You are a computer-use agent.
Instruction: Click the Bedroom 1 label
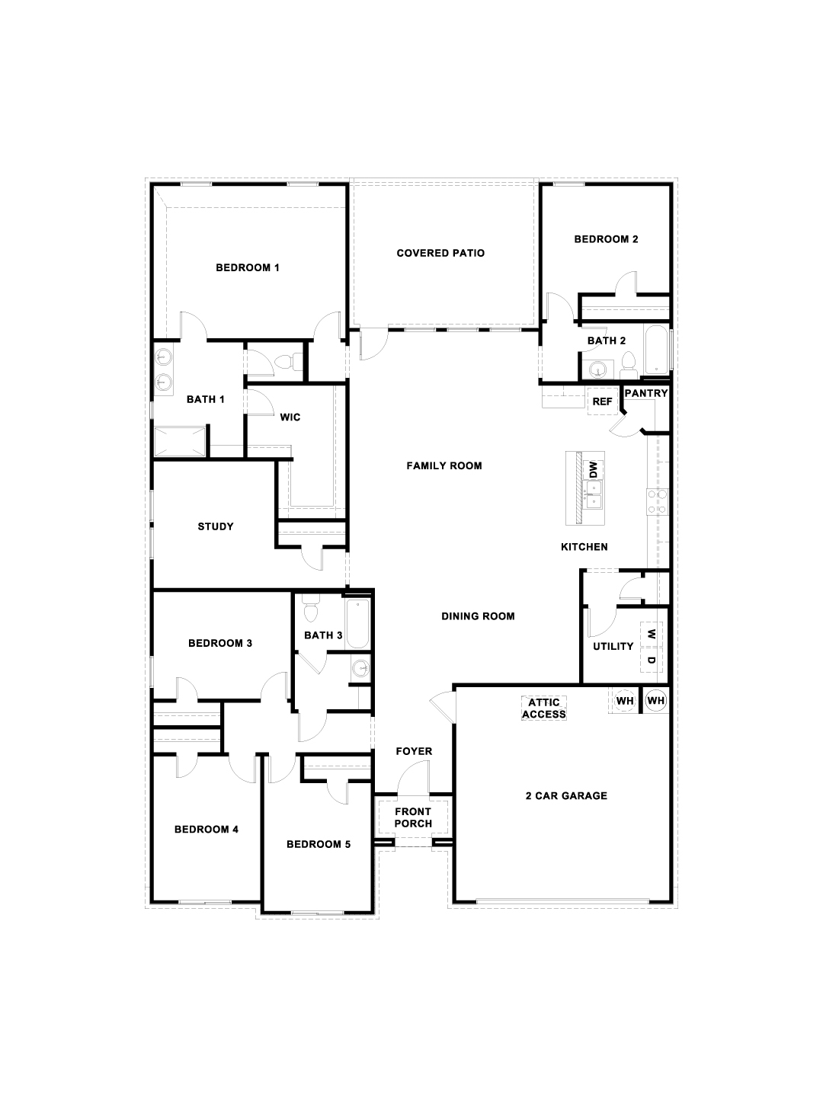click(x=248, y=268)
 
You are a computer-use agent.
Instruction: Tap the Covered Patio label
click(x=440, y=254)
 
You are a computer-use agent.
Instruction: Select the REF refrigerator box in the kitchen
click(x=602, y=401)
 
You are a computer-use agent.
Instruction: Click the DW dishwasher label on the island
click(x=593, y=470)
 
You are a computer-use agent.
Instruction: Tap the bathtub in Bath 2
click(x=656, y=350)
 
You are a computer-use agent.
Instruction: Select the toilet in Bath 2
click(x=628, y=366)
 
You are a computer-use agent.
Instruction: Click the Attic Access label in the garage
click(x=543, y=708)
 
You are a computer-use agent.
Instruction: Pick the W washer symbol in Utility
click(x=651, y=635)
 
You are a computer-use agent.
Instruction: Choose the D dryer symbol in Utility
click(x=651, y=660)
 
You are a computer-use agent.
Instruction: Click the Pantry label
click(x=646, y=393)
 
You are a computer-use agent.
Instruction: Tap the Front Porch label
click(x=413, y=817)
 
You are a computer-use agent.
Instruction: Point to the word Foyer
click(x=414, y=751)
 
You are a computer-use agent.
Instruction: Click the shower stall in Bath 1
click(x=179, y=441)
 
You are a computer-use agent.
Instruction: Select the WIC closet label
click(x=290, y=417)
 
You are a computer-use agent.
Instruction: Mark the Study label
click(x=216, y=526)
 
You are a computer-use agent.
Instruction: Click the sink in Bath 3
click(x=360, y=667)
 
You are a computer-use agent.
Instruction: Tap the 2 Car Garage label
click(x=566, y=795)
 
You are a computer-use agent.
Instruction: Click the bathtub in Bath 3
click(x=358, y=623)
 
